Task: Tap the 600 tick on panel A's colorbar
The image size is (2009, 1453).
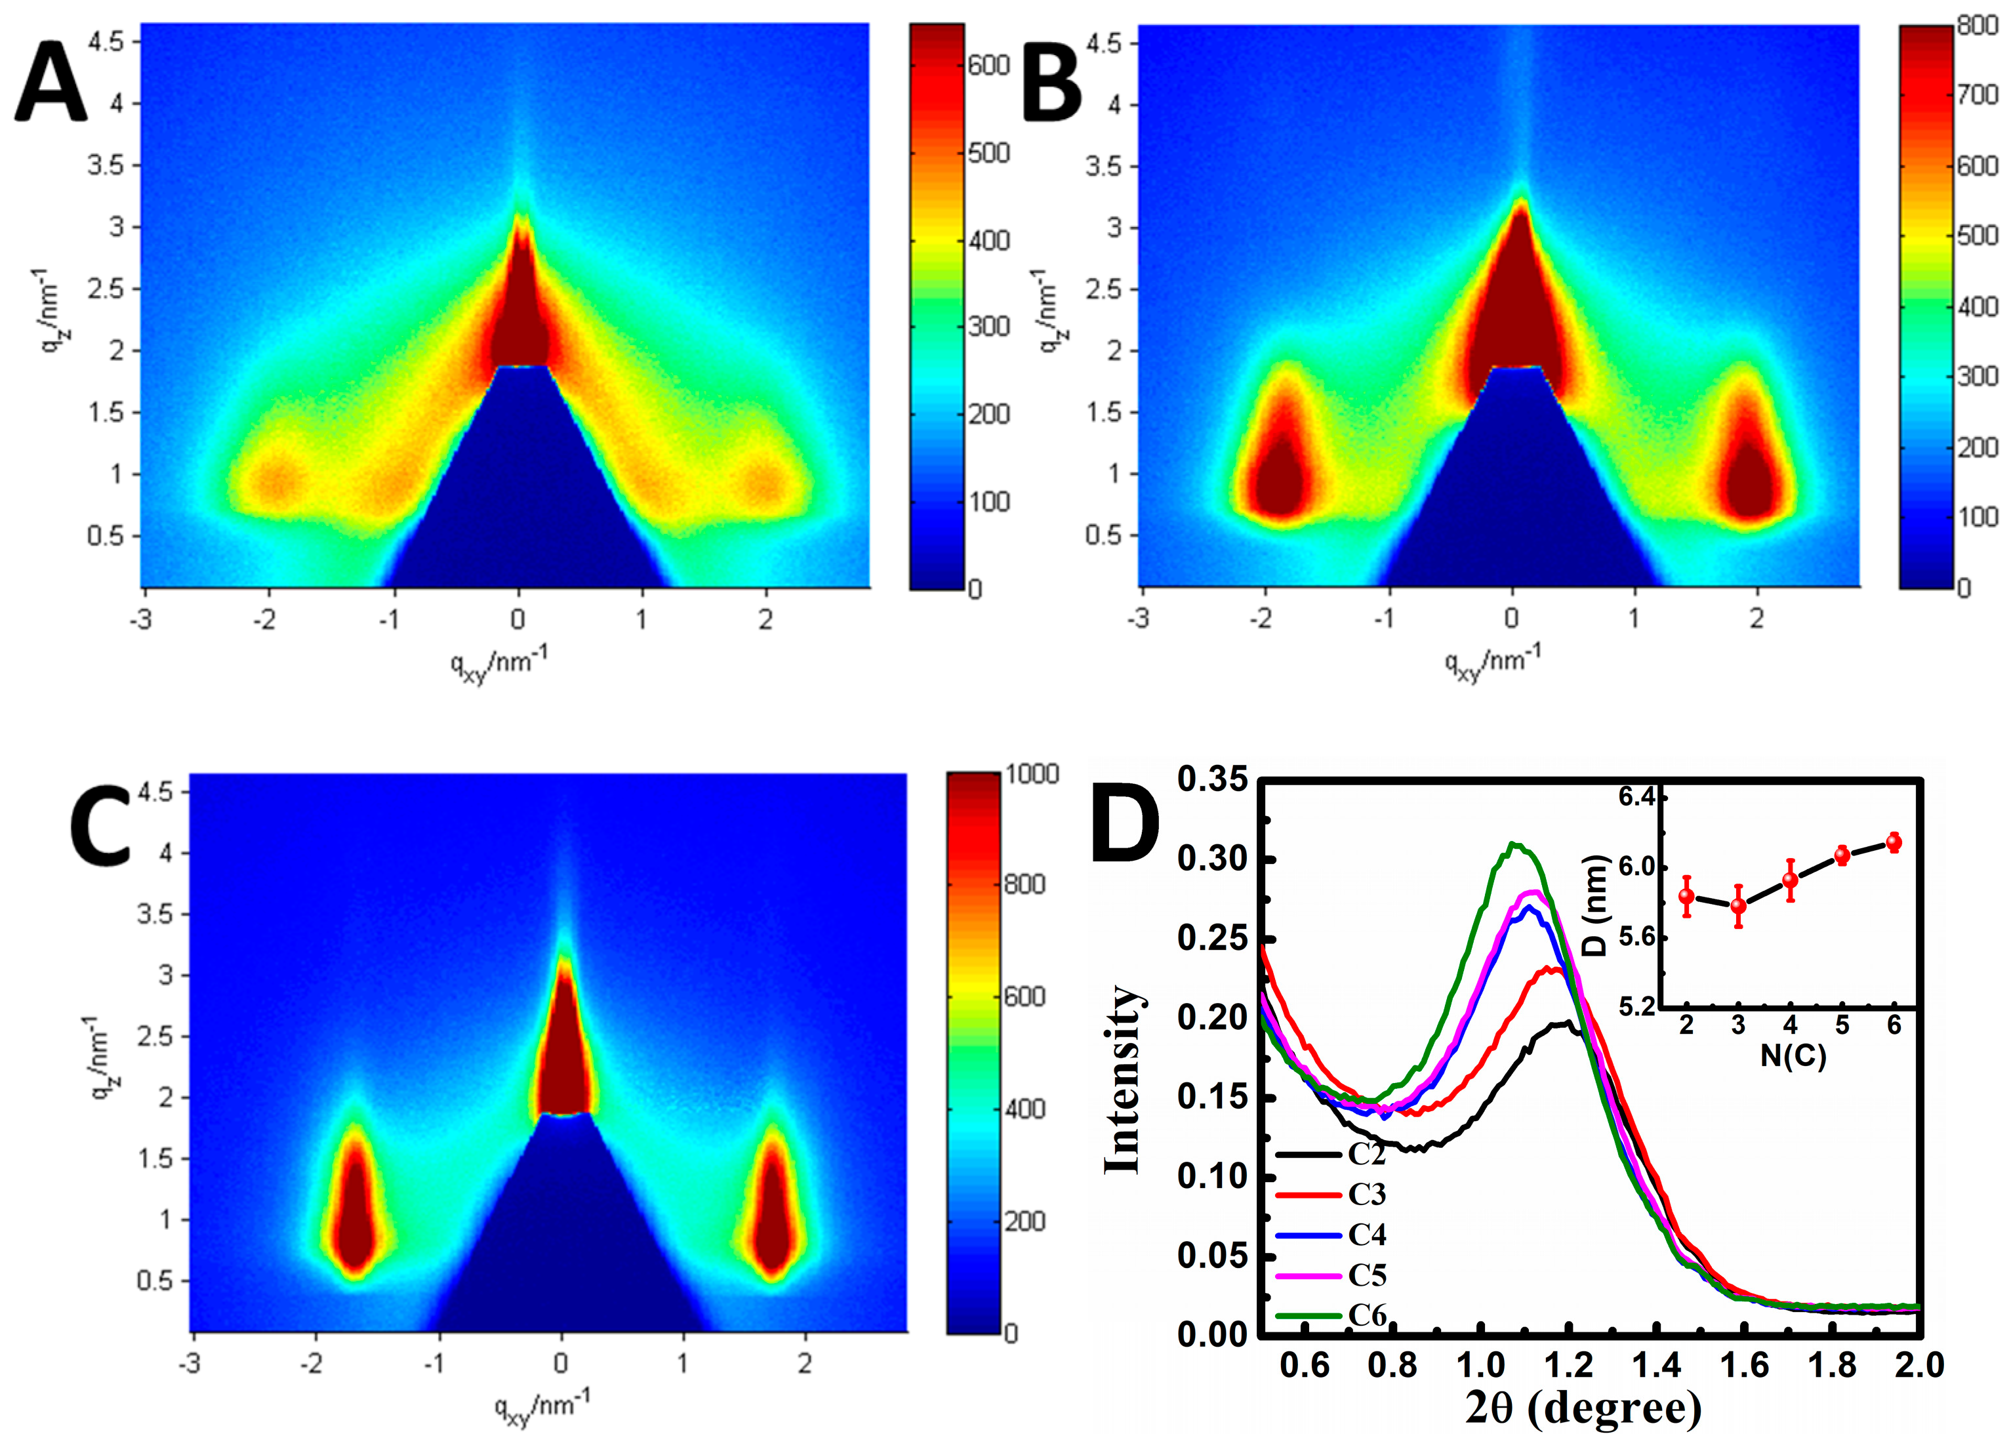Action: pos(988,66)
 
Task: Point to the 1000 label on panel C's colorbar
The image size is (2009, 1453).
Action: pos(1032,773)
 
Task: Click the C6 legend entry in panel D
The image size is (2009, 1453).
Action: pos(1367,1316)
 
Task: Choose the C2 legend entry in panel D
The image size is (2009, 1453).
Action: pos(1367,1153)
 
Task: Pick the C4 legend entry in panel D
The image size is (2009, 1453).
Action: pos(1367,1234)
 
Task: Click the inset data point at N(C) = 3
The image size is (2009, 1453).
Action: pos(1738,905)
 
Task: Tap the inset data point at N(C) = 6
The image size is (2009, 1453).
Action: pos(1894,842)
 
